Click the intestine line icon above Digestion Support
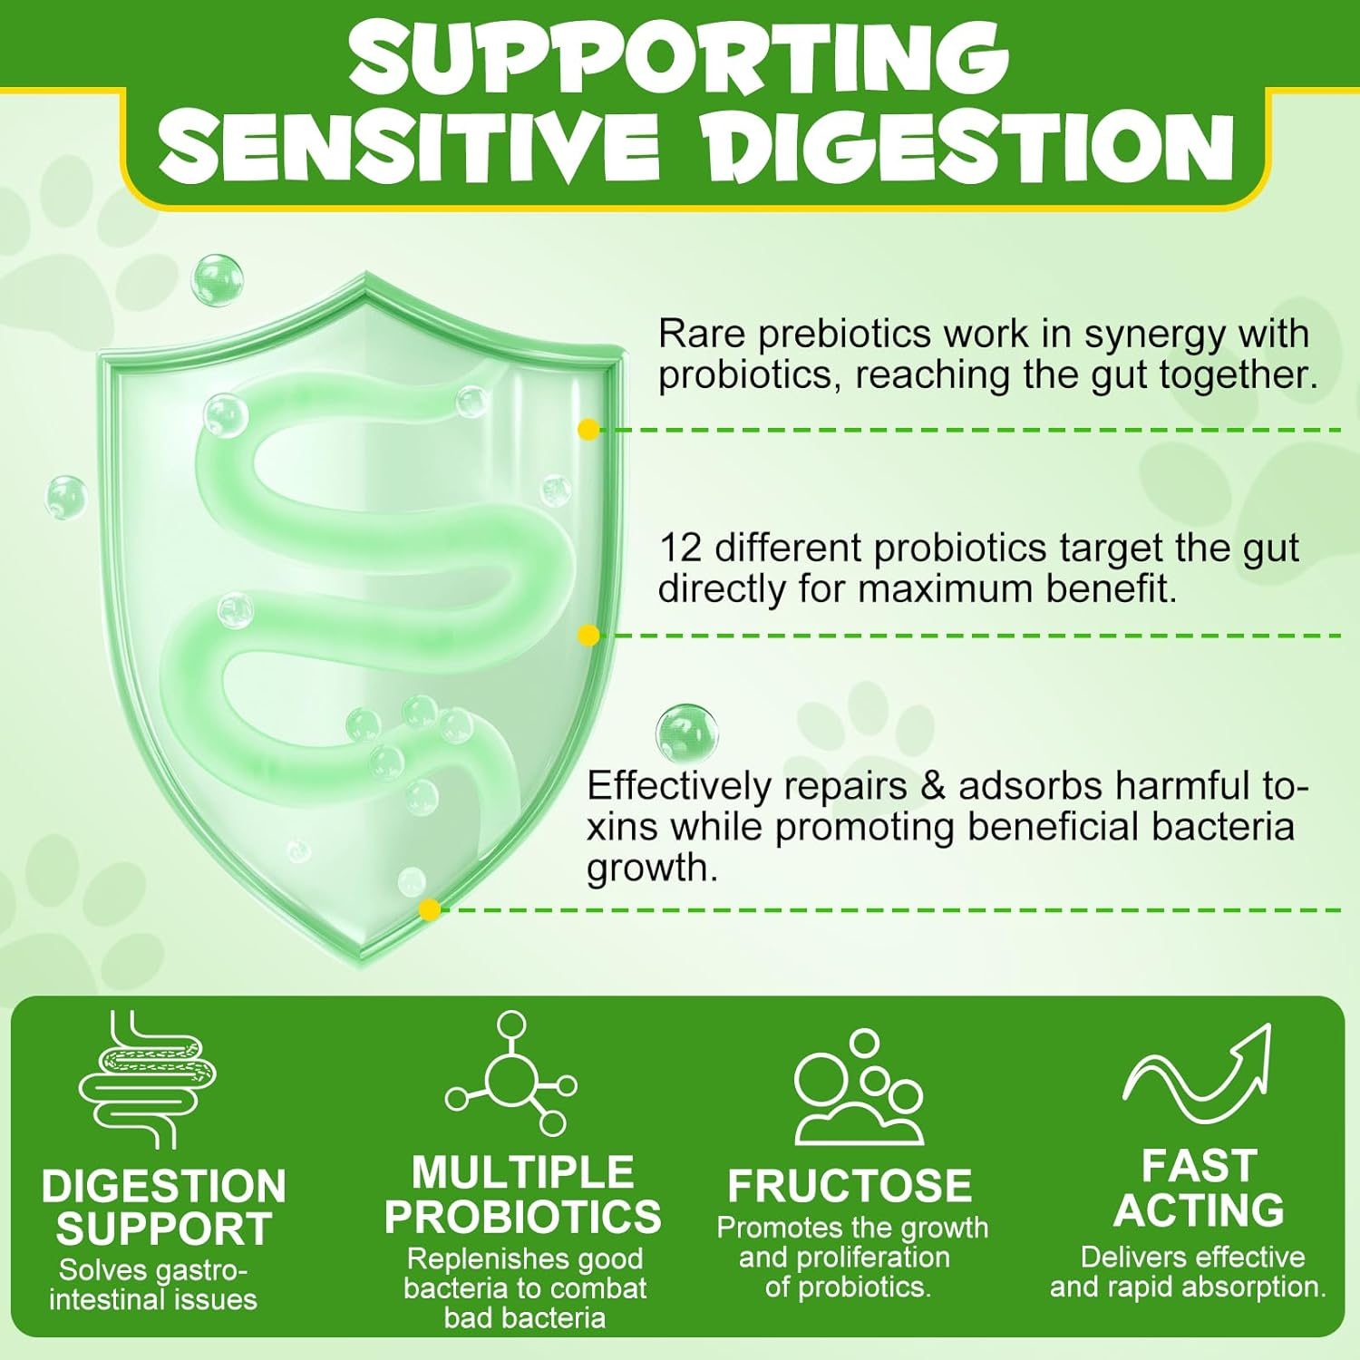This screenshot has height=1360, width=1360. point(148,1079)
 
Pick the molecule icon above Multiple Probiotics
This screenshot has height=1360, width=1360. point(511,1073)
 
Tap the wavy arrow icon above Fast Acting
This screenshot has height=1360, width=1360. point(1197,1074)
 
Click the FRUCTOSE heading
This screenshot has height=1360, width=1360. point(850,1185)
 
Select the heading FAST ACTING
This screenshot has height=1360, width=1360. point(1199,1188)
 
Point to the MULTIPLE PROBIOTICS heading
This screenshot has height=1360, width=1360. point(523,1194)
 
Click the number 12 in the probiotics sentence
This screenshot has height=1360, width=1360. point(681,549)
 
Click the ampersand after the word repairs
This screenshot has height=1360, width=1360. point(932,786)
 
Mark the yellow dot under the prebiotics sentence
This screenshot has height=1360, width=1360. point(588,430)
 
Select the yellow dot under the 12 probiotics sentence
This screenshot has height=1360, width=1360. point(588,636)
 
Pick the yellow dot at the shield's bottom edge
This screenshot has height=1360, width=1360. point(430,909)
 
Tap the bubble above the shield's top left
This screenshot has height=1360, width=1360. point(218,280)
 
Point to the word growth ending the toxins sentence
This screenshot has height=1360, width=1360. point(653,869)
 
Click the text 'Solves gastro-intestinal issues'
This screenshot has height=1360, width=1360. point(153,1285)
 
